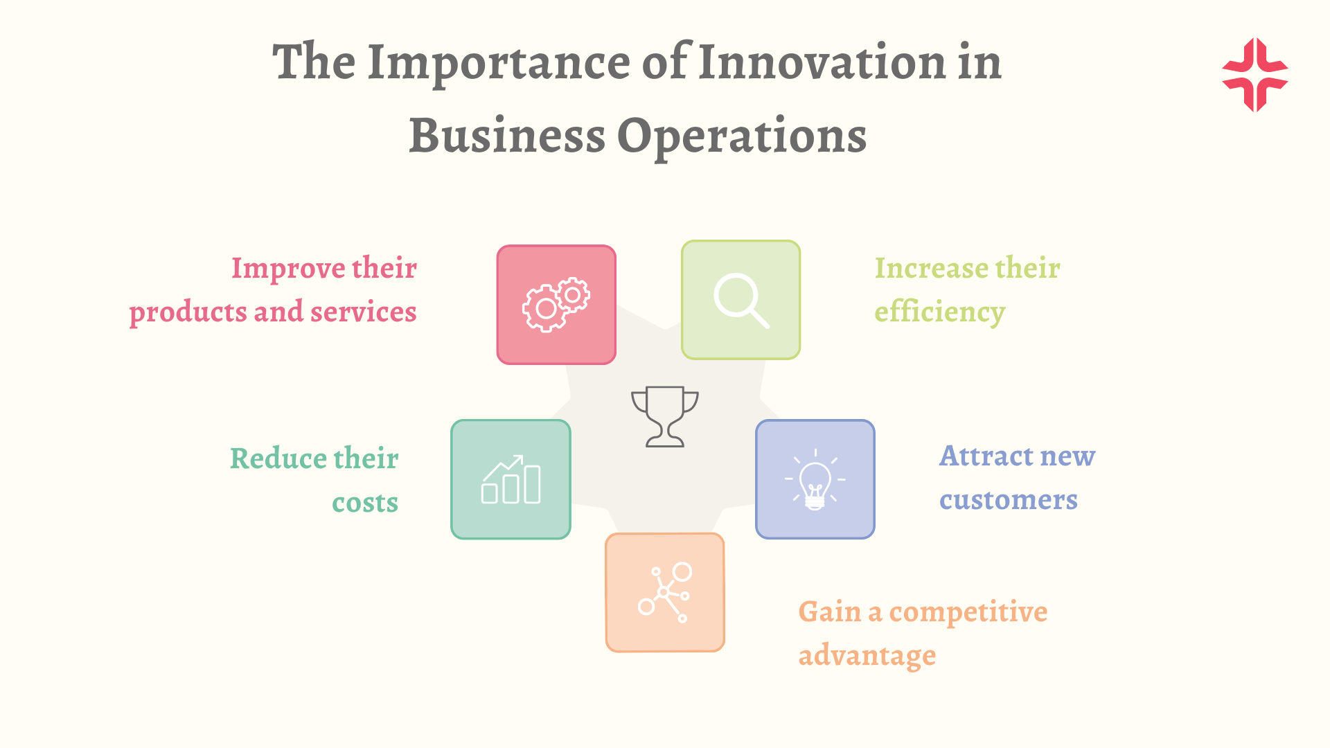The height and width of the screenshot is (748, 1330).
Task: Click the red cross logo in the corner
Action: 1255,75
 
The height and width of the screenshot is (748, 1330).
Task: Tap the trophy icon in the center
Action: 665,416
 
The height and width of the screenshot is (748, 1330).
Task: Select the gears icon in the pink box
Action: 556,305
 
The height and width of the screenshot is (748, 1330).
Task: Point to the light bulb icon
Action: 815,479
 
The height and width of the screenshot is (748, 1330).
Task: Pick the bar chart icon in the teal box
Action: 511,479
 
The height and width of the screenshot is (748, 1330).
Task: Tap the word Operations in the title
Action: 741,136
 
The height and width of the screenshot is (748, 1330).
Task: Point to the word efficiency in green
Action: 940,312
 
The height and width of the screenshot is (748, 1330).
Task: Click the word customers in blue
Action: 1009,499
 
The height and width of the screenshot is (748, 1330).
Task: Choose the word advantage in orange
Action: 867,655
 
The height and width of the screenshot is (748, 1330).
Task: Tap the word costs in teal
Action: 365,503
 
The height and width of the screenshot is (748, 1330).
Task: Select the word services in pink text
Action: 364,312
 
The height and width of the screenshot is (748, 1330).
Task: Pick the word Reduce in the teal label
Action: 278,458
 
